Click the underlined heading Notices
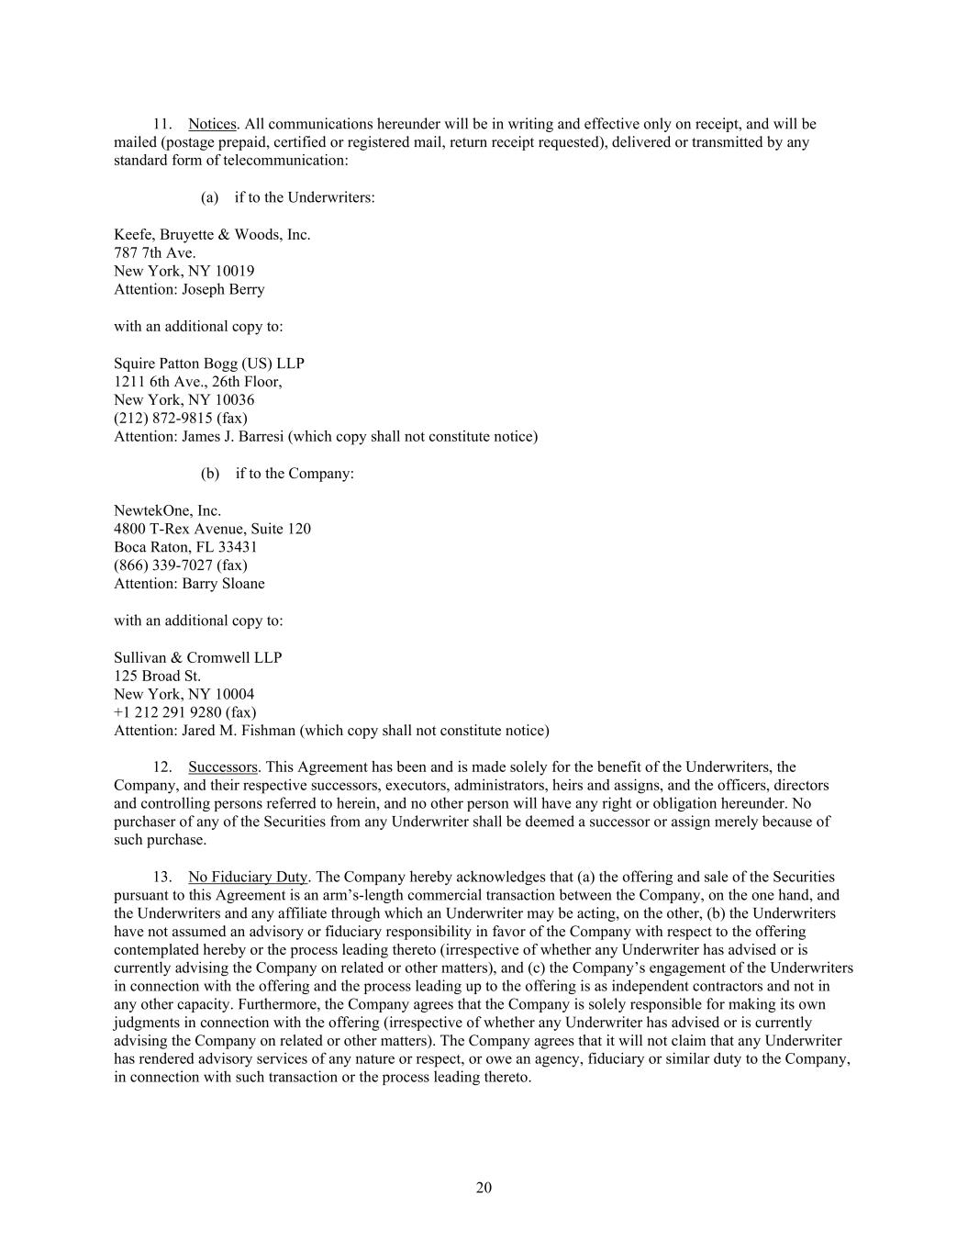[x=212, y=124]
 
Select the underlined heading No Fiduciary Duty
[x=248, y=877]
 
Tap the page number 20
[x=484, y=1188]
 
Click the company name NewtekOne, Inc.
[x=167, y=510]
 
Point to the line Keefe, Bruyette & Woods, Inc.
[x=212, y=234]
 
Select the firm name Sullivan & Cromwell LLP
[x=197, y=657]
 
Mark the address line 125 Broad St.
[x=157, y=676]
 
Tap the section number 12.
[x=162, y=766]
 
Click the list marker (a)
[x=209, y=197]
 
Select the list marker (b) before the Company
[x=210, y=474]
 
